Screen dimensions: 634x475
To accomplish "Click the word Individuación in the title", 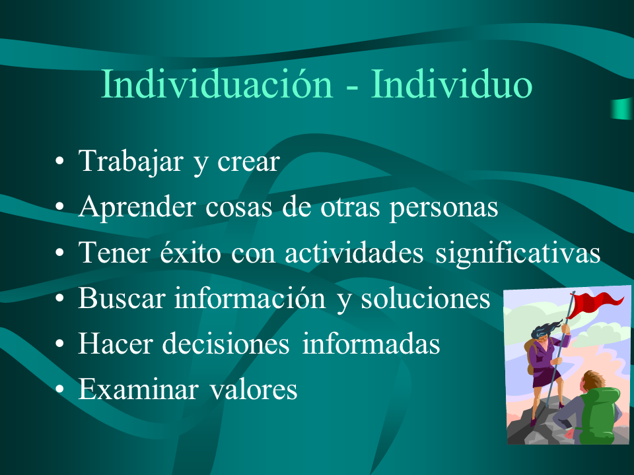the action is point(217,84).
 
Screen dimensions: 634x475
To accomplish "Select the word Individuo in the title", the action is point(452,84).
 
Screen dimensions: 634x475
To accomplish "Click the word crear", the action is point(248,162).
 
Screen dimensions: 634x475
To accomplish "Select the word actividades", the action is point(354,253).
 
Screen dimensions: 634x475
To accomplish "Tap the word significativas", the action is point(518,253).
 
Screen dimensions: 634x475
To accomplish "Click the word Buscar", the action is point(122,298).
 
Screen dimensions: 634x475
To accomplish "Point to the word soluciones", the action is point(425,298).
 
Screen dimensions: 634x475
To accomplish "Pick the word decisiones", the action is point(226,344).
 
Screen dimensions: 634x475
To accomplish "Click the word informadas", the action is point(371,344).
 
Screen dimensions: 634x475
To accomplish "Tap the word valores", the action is point(254,389).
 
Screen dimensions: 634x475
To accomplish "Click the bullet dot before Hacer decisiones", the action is point(59,344).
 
